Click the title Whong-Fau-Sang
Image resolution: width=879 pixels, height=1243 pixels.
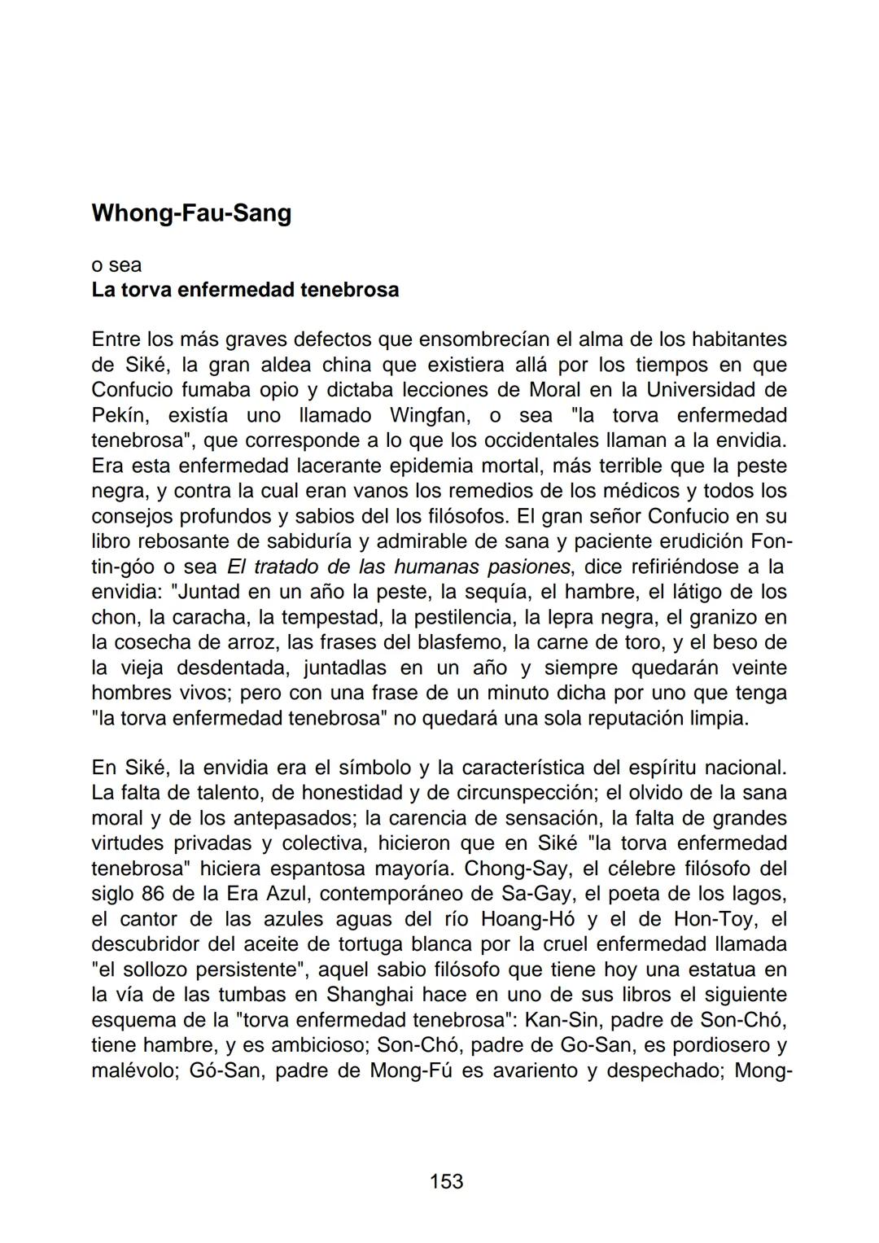(191, 213)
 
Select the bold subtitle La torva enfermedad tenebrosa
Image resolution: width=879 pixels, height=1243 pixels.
(245, 290)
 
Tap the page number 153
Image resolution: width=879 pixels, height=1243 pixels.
(446, 1180)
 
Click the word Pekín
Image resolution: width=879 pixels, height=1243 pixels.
(119, 415)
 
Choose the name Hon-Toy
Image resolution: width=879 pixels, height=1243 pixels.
(712, 919)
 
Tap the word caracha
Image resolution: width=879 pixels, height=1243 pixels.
(183, 617)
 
